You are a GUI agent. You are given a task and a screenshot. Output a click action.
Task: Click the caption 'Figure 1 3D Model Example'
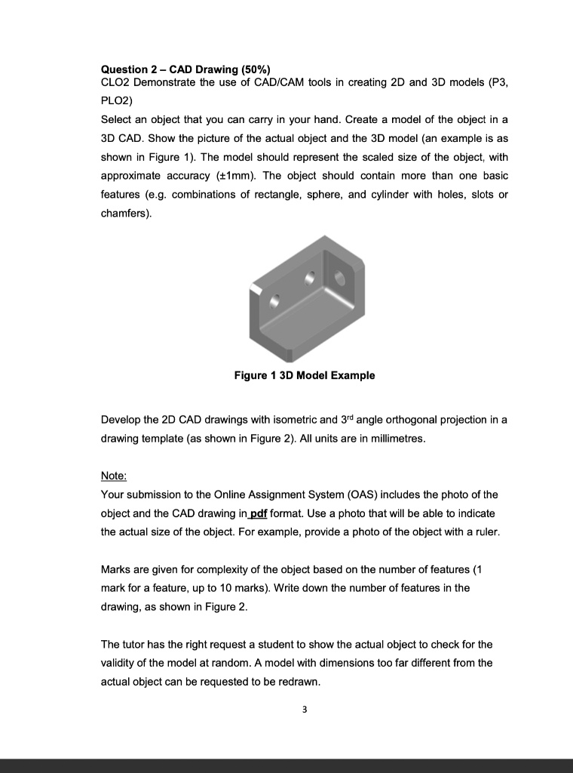point(304,375)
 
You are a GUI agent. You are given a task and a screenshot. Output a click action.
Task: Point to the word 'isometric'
point(293,420)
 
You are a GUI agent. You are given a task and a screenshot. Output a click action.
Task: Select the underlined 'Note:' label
point(114,476)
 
